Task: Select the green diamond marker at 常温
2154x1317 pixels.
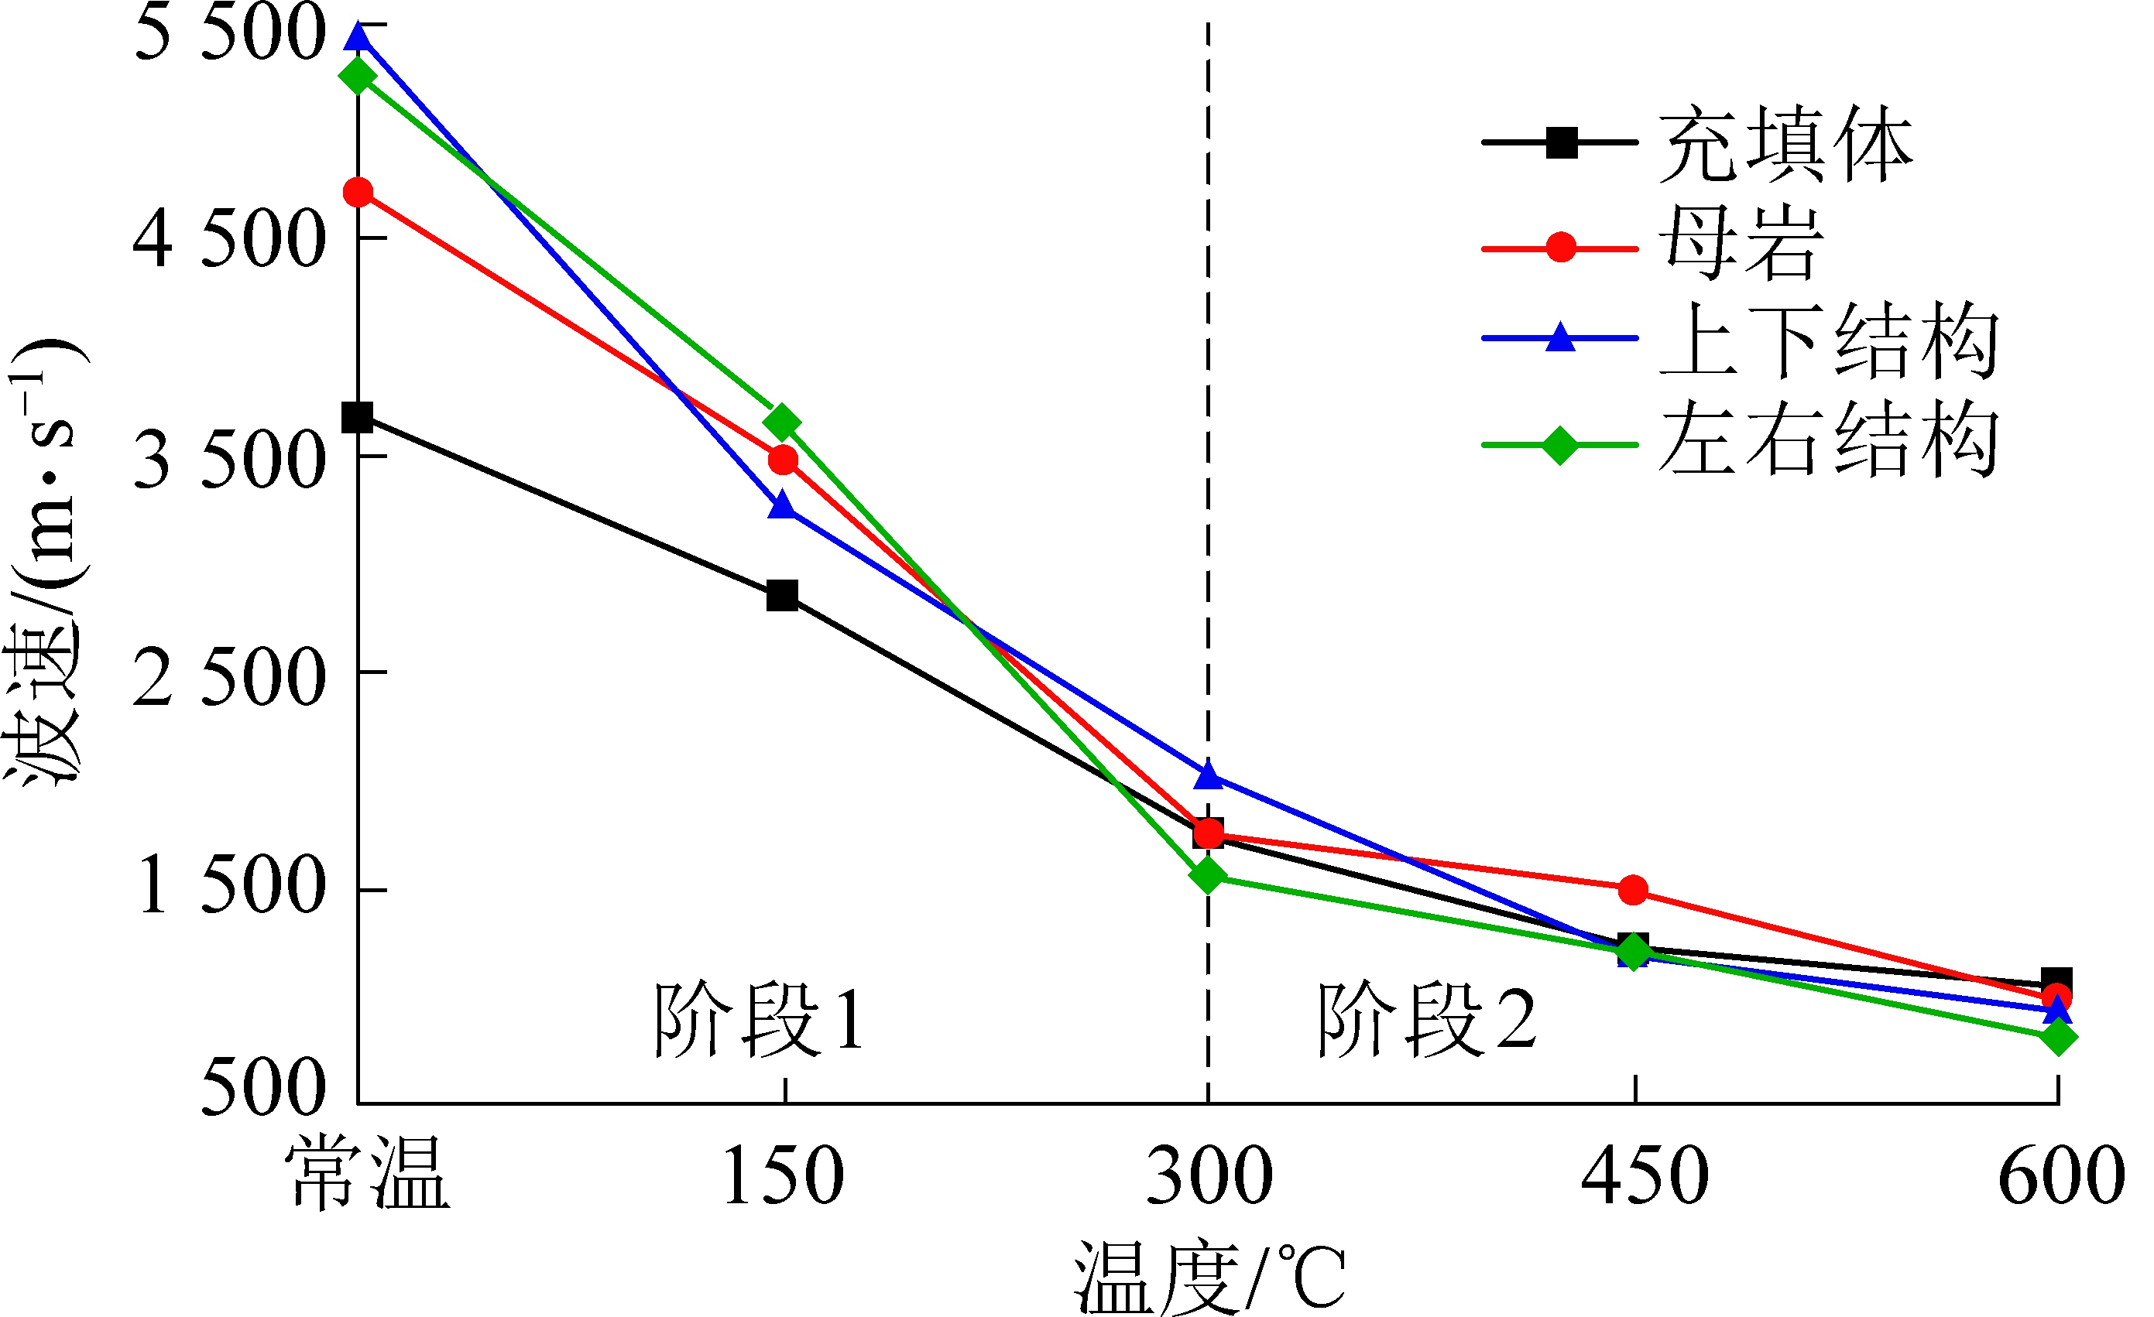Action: tap(358, 76)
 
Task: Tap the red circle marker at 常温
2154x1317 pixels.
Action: tap(358, 192)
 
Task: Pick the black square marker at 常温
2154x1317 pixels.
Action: tap(358, 418)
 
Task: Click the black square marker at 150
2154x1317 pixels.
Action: tap(783, 596)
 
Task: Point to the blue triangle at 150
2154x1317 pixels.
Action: tap(783, 506)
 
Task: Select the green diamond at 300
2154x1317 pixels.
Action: tap(1208, 875)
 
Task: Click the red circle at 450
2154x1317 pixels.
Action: tap(1633, 891)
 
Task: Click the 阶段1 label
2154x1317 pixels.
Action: tap(759, 1019)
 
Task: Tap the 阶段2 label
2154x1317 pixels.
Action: tap(1427, 1019)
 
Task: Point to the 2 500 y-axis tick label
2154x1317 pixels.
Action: tap(229, 679)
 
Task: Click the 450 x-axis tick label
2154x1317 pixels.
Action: tap(1645, 1176)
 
